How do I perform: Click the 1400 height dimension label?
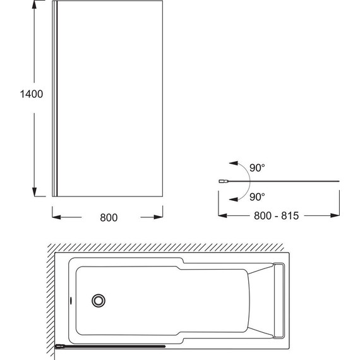(x=32, y=94)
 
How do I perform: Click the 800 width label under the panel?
(x=109, y=218)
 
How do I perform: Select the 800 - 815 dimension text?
(x=277, y=215)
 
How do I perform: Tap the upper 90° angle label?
(x=257, y=168)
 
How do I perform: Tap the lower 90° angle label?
(x=257, y=197)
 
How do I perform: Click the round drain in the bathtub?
(x=99, y=301)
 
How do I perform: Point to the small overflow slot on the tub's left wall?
(x=71, y=300)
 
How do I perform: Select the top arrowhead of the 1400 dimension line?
(x=35, y=6)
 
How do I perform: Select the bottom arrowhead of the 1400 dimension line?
(x=35, y=192)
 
